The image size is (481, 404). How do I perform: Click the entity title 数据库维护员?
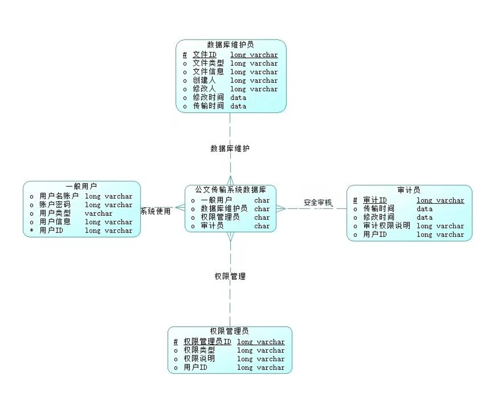pyautogui.click(x=231, y=45)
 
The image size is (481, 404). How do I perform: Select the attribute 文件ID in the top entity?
pyautogui.click(x=204, y=55)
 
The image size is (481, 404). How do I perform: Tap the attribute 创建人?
pyautogui.click(x=204, y=80)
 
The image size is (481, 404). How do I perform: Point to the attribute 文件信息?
pyautogui.click(x=208, y=72)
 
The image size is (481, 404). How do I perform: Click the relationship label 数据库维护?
pyautogui.click(x=230, y=149)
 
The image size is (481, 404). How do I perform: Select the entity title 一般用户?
pyautogui.click(x=81, y=186)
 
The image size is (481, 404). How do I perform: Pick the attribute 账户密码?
pyautogui.click(x=55, y=205)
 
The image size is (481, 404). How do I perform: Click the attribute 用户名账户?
pyautogui.click(x=59, y=196)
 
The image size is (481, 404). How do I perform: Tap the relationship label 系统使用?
pyautogui.click(x=155, y=211)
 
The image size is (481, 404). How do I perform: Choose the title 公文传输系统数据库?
pyautogui.click(x=230, y=190)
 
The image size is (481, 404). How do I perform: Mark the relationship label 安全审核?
pyautogui.click(x=318, y=203)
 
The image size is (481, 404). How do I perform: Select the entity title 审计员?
pyautogui.click(x=409, y=190)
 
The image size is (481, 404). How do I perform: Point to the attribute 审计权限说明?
pyautogui.click(x=386, y=225)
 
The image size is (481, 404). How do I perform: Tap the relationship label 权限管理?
pyautogui.click(x=230, y=276)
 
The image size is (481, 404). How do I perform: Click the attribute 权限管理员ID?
pyautogui.click(x=207, y=342)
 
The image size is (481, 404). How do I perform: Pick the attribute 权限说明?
pyautogui.click(x=199, y=358)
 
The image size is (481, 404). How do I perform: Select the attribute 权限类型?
pyautogui.click(x=199, y=350)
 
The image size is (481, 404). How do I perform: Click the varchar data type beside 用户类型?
pyautogui.click(x=98, y=213)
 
